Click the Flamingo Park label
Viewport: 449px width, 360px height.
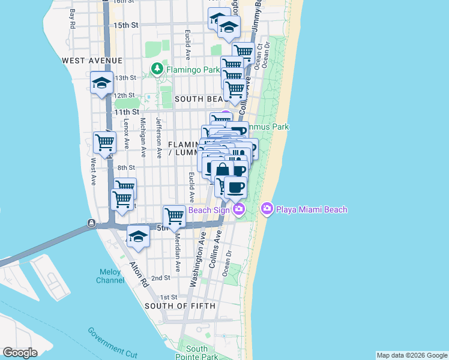[x=193, y=70]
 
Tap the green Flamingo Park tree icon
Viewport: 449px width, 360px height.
[x=157, y=70]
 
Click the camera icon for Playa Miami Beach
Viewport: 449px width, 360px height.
[x=267, y=209]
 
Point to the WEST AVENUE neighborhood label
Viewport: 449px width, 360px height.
[x=92, y=61]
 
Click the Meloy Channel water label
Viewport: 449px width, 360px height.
[x=110, y=276]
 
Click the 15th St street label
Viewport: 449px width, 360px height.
[x=125, y=25]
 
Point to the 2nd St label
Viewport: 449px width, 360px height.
[x=161, y=278]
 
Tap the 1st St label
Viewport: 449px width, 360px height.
[x=169, y=297]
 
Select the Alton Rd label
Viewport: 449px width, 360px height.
[x=139, y=274]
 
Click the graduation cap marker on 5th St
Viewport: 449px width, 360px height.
[x=138, y=235]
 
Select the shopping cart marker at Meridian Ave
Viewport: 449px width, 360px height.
[x=174, y=215]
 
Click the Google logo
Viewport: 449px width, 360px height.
[x=20, y=353]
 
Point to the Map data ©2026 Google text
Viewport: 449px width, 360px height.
[x=412, y=355]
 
